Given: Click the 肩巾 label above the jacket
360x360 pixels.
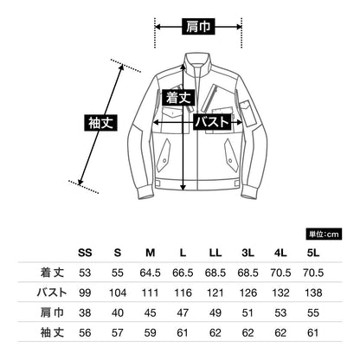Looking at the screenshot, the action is [x=198, y=27].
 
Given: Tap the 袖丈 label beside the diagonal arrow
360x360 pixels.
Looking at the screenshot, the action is [x=100, y=123].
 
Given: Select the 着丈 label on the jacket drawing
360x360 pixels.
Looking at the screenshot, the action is [x=178, y=98].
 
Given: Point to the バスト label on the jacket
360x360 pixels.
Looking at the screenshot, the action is [x=212, y=122].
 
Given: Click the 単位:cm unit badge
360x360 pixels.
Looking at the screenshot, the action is [x=324, y=235].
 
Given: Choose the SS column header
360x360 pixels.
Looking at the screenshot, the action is [x=85, y=253].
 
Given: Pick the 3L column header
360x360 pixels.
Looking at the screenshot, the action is [x=247, y=253].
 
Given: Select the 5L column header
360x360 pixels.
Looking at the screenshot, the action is [x=313, y=253].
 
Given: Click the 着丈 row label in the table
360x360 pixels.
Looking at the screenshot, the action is [x=52, y=273].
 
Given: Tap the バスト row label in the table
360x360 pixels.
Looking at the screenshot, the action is [x=52, y=292].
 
